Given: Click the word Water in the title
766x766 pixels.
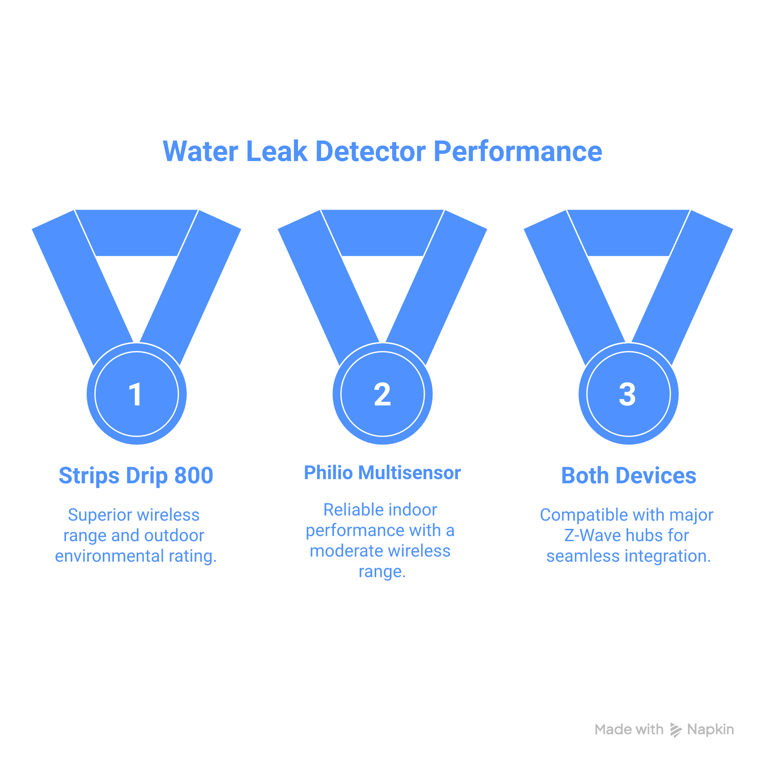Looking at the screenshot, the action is coord(200,152).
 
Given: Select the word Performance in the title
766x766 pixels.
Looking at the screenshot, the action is coord(518,152).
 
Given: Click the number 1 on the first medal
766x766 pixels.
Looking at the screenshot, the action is coord(136,394).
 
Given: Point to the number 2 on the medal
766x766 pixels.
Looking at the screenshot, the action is coord(382,394).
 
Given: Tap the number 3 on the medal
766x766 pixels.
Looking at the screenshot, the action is coord(628,394).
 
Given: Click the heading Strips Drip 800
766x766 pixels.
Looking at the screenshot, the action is coord(136,476).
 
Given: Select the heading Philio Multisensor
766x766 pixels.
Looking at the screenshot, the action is coord(382,472).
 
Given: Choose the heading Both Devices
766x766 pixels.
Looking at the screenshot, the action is coord(629,476).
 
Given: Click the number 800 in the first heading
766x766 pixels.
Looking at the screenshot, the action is coord(194,476).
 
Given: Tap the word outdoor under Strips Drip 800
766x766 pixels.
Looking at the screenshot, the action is coord(174,536).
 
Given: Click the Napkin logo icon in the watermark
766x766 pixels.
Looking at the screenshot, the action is coord(676,730).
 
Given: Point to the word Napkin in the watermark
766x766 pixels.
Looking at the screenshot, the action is coord(710,730).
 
